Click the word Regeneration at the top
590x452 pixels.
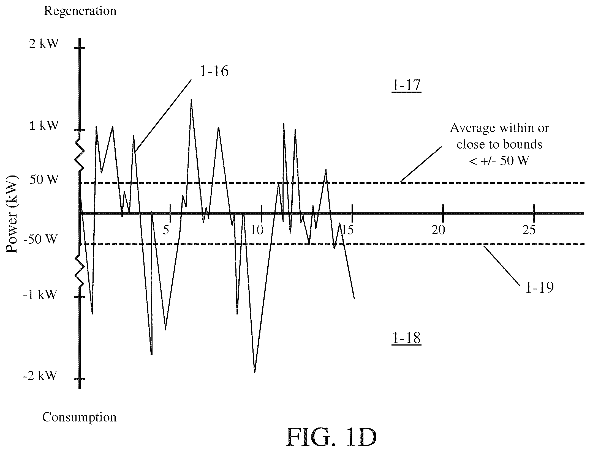click(x=80, y=11)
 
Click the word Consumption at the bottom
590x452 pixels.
click(x=79, y=418)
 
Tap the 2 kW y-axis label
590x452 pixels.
click(x=44, y=44)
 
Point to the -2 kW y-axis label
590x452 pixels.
click(x=40, y=375)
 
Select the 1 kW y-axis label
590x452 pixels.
click(x=44, y=126)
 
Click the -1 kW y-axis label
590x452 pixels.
click(x=40, y=295)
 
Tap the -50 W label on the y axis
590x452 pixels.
click(x=40, y=239)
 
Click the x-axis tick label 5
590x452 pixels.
click(x=166, y=230)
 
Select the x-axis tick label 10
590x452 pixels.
click(x=257, y=230)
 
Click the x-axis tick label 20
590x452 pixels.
click(x=438, y=230)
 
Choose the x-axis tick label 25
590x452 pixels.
click(x=529, y=230)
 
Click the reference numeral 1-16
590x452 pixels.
click(x=214, y=72)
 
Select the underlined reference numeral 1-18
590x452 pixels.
click(x=406, y=338)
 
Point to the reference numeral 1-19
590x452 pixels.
click(x=539, y=288)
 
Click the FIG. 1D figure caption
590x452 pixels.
click(x=331, y=437)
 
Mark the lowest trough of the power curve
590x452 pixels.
click(x=254, y=373)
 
